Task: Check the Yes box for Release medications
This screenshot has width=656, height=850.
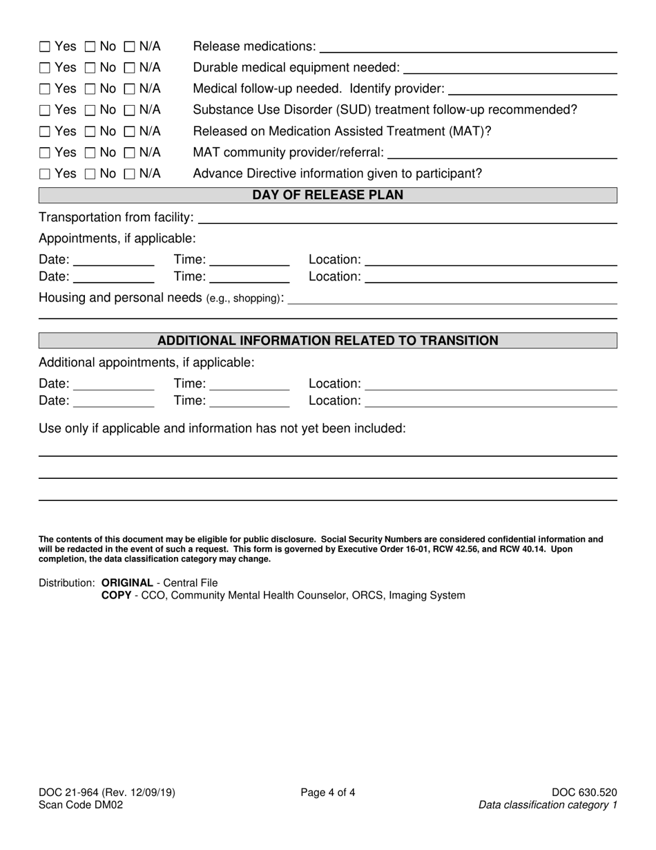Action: [45, 47]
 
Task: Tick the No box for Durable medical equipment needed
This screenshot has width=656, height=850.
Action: [90, 68]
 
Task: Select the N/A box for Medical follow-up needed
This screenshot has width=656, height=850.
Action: [129, 89]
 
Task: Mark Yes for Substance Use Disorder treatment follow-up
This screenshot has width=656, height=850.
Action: [45, 111]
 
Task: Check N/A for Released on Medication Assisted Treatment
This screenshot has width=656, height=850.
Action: [129, 132]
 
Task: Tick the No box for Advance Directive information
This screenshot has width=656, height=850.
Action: [90, 174]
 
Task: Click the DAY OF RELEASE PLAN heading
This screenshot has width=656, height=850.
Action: [327, 196]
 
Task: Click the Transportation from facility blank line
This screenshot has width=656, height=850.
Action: [407, 219]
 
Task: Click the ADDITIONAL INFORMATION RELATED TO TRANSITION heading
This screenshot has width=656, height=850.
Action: [327, 341]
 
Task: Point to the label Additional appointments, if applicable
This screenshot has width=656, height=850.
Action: [146, 363]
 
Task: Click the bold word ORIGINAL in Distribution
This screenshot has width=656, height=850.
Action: [127, 583]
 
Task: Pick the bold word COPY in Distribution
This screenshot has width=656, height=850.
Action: [116, 595]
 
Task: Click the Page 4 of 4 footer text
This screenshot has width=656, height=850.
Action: [328, 793]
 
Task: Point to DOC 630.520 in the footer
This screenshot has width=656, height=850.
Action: [584, 793]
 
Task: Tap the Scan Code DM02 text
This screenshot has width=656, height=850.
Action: [81, 804]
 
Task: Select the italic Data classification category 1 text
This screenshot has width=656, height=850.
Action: [548, 804]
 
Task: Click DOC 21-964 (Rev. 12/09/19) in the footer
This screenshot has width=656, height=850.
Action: [107, 793]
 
